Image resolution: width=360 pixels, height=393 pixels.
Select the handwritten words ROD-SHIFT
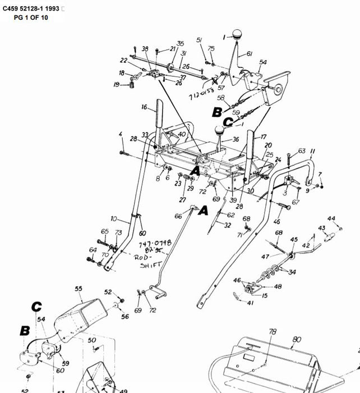pos(148,259)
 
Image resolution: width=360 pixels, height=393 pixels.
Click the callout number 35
pos(180,44)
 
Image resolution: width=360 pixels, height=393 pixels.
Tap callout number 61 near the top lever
pos(249,54)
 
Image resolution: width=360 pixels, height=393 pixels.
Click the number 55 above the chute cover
pos(79,289)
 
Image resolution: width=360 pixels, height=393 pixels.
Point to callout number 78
pos(272,332)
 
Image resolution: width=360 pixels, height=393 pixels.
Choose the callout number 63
pos(301,151)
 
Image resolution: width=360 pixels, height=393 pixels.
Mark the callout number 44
pos(331,218)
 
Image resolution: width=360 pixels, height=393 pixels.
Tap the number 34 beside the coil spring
pos(292,273)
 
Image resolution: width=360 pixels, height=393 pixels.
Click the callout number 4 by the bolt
pos(120,134)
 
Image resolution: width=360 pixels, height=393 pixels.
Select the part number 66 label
pos(178,216)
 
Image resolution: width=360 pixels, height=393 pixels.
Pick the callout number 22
pos(123,61)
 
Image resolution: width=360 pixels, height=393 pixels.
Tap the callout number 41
pos(250,303)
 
